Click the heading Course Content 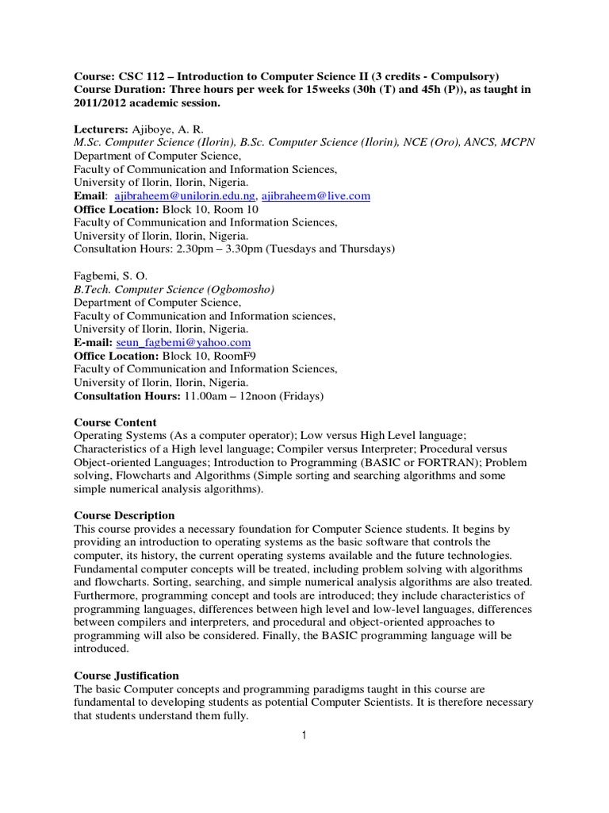click(x=115, y=422)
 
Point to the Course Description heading click(x=124, y=515)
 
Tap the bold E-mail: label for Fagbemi click(x=94, y=343)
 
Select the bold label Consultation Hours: click(x=127, y=395)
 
